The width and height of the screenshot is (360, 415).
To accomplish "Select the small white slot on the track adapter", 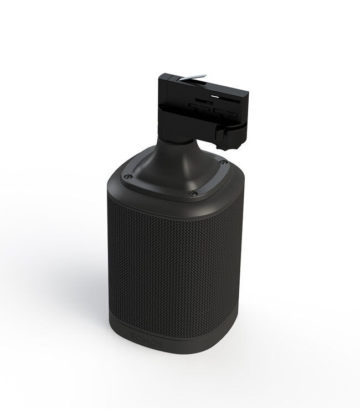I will click(204, 101).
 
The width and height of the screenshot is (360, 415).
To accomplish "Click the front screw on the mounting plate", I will click(193, 193).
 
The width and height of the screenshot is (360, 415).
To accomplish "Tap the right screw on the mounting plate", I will click(223, 162).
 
